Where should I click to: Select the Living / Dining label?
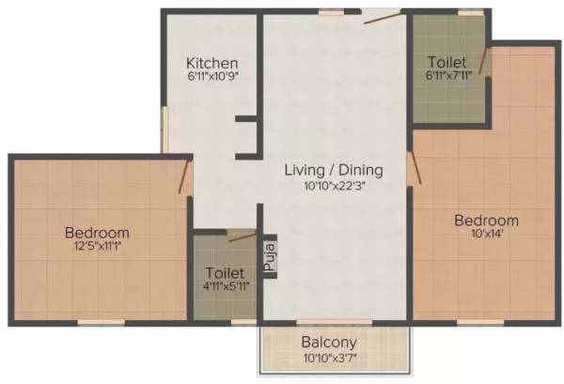(x=334, y=170)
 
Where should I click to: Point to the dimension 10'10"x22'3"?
(x=334, y=186)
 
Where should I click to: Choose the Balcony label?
(x=334, y=342)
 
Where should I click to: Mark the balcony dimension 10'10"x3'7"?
(x=334, y=358)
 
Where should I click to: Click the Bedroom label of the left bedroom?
(x=97, y=232)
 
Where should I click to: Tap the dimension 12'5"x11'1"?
(x=97, y=248)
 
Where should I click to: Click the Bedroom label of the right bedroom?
(x=486, y=221)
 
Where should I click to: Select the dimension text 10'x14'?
(x=486, y=237)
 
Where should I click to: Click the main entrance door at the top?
(x=382, y=16)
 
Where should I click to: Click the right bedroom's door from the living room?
(x=415, y=166)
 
